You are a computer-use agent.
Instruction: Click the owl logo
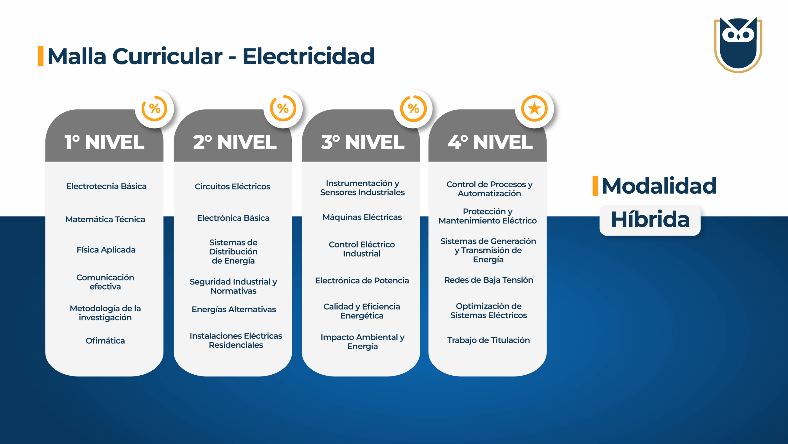tap(738, 45)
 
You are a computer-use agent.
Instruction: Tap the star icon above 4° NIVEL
tap(534, 109)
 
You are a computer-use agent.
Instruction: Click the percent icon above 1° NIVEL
tap(154, 109)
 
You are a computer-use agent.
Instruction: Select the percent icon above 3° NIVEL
tap(413, 109)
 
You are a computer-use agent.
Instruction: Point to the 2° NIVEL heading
tap(235, 142)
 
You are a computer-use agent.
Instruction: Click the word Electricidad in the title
tap(308, 56)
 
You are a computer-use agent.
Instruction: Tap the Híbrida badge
tap(650, 220)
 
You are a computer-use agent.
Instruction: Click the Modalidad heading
tap(659, 186)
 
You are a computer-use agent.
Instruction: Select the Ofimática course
tap(105, 341)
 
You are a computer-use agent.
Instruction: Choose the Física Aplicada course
tap(106, 250)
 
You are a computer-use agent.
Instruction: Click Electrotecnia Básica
tap(106, 186)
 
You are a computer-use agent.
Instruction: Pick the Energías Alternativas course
tap(234, 309)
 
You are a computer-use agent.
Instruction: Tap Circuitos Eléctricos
tap(232, 187)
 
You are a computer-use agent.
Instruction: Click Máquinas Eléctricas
tap(362, 217)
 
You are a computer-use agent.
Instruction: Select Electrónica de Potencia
tap(362, 281)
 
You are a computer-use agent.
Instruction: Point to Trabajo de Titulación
tap(488, 340)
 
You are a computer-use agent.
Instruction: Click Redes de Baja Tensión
tap(488, 280)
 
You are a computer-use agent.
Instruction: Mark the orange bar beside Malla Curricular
tap(41, 56)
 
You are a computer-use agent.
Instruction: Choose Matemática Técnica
tap(105, 219)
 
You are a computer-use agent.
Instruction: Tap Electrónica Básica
tap(233, 218)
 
